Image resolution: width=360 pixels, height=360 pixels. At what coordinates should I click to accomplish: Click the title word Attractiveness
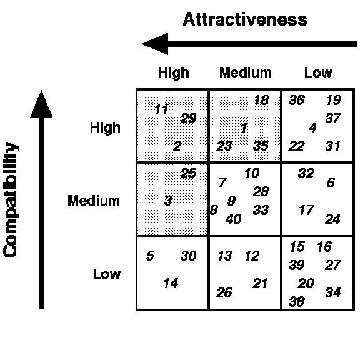(x=245, y=19)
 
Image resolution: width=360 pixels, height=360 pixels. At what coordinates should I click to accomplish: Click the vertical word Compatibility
(x=11, y=199)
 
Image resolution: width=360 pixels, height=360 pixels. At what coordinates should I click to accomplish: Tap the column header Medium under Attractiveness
(x=246, y=72)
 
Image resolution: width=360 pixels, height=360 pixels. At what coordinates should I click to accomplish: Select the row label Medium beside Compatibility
(x=94, y=201)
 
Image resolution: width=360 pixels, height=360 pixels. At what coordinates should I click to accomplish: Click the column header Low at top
(x=318, y=72)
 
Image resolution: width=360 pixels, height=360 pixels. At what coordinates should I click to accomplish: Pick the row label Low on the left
(x=107, y=274)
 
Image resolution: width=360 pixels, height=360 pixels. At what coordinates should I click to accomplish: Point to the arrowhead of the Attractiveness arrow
(x=155, y=44)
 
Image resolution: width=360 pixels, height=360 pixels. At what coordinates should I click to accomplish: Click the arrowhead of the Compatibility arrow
(x=41, y=104)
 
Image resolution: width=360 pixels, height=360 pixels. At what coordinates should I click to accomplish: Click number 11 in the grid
(x=162, y=109)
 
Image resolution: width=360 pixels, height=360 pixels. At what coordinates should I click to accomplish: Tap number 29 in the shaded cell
(x=189, y=118)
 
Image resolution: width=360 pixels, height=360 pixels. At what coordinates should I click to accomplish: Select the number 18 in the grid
(x=261, y=100)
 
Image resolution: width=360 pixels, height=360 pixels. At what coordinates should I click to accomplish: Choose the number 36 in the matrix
(x=297, y=100)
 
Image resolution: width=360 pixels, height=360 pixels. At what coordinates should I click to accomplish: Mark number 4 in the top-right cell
(x=312, y=127)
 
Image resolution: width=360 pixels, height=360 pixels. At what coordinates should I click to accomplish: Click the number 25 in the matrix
(x=189, y=173)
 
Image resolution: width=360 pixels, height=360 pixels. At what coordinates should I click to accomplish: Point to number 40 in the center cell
(x=234, y=219)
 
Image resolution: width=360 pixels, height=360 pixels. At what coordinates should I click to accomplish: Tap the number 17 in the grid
(x=306, y=210)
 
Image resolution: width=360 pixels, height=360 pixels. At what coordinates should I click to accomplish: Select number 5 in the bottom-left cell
(x=150, y=256)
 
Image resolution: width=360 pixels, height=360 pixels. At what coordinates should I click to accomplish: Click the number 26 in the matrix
(x=224, y=292)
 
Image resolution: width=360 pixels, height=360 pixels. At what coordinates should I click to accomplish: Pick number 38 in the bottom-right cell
(x=297, y=301)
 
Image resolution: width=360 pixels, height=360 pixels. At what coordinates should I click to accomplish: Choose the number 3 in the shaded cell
(x=168, y=201)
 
